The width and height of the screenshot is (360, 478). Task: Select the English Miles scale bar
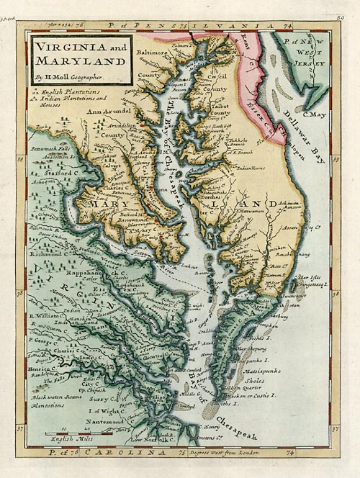pos(71,434)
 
